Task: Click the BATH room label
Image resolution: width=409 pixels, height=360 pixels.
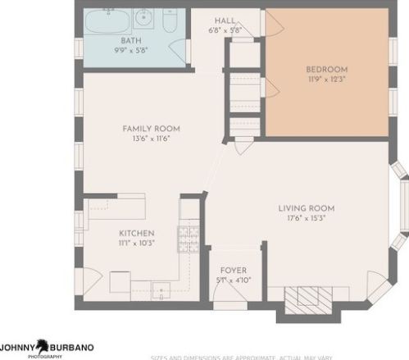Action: coord(131,40)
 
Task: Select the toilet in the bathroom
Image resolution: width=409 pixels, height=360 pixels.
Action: coord(170,20)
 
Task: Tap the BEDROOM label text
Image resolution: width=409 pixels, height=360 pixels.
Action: coord(326,69)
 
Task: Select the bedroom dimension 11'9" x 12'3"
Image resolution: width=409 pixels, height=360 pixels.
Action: coord(326,80)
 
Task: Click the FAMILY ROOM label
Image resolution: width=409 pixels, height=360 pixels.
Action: coord(151,129)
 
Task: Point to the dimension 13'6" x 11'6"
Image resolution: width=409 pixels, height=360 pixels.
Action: coord(151,139)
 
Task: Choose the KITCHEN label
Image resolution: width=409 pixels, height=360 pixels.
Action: coord(136,233)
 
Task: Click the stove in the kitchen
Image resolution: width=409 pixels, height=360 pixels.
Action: coord(189,238)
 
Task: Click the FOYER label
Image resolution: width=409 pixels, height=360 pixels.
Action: coord(233,271)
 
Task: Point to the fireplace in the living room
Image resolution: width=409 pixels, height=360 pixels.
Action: coord(308,297)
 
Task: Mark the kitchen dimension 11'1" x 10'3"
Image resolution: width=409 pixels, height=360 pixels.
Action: coord(136,244)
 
